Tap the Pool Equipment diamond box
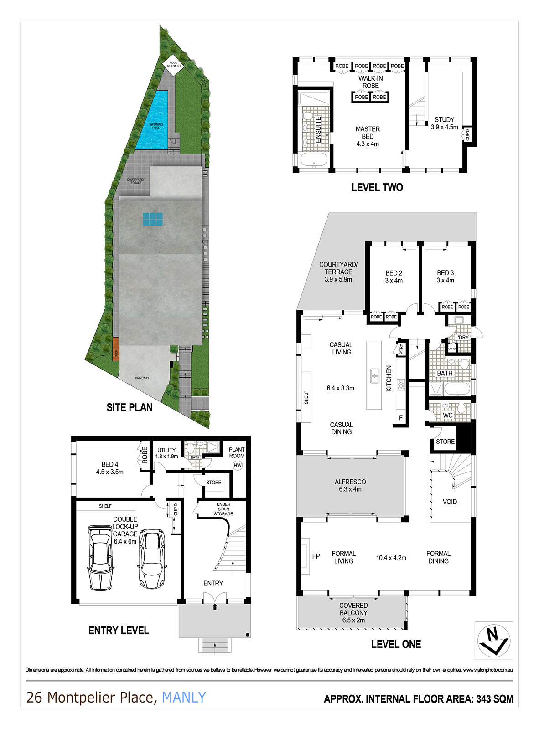pyautogui.click(x=173, y=64)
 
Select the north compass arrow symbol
pyautogui.click(x=493, y=640)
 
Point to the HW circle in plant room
pyautogui.click(x=237, y=465)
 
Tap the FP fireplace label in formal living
pyautogui.click(x=316, y=556)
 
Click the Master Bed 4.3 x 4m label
pyautogui.click(x=368, y=136)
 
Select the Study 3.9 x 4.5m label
pyautogui.click(x=444, y=123)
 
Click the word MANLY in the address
pyautogui.click(x=184, y=697)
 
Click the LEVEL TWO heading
pyautogui.click(x=377, y=187)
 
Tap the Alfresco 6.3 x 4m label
pyautogui.click(x=350, y=485)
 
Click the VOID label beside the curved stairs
pyautogui.click(x=450, y=502)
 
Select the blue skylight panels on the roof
pyautogui.click(x=152, y=219)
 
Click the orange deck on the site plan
pyautogui.click(x=116, y=349)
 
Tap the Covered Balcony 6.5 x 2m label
pyautogui.click(x=353, y=613)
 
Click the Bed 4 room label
pyautogui.click(x=109, y=468)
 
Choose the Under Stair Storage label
pyautogui.click(x=223, y=509)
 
